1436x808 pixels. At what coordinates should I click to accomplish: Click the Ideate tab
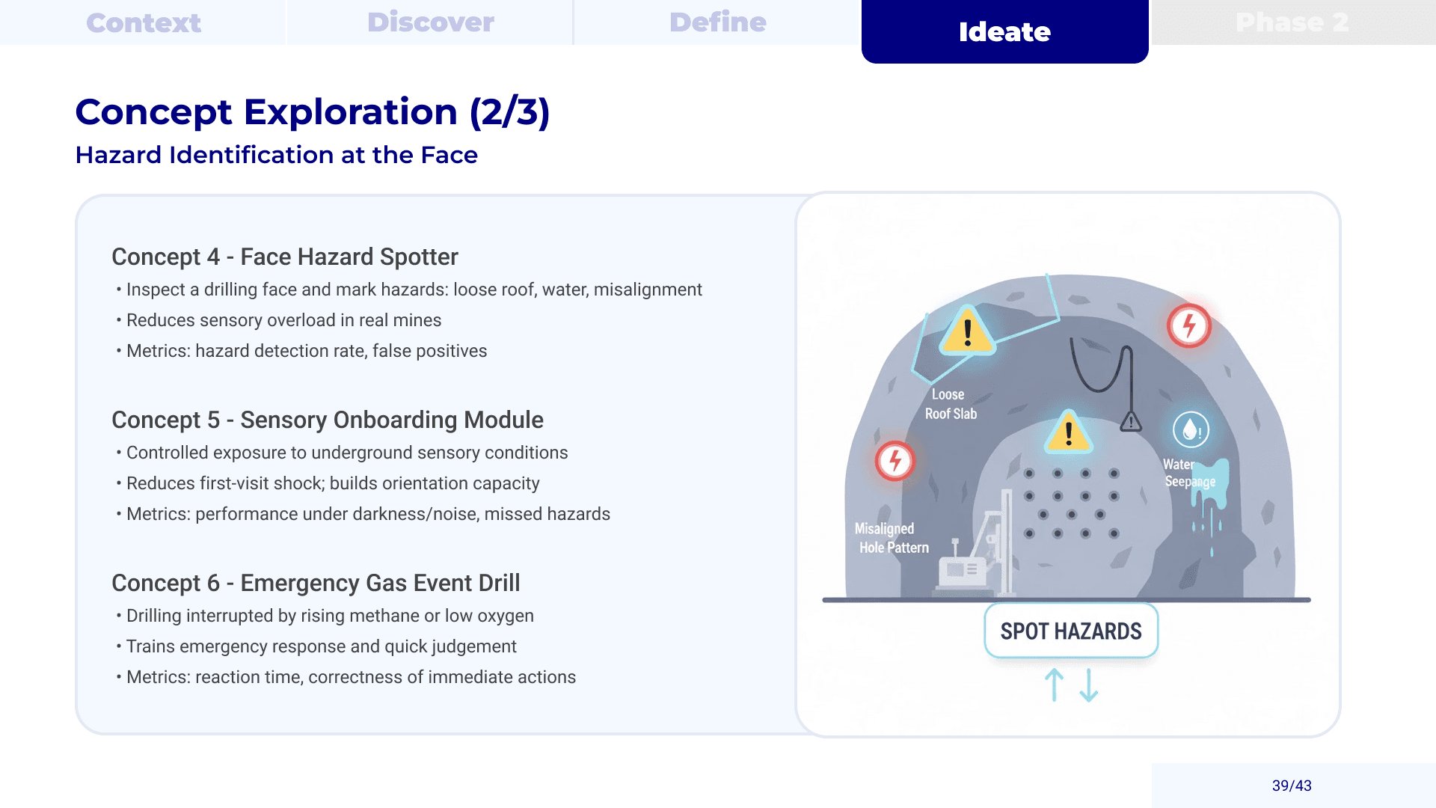[1004, 31]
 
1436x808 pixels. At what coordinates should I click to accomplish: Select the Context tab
[144, 22]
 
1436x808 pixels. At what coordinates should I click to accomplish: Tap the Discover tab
[430, 22]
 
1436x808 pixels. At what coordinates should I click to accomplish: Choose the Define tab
[717, 22]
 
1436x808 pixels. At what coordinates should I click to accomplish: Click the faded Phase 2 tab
[1292, 22]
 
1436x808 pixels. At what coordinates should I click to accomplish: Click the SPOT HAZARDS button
[1071, 631]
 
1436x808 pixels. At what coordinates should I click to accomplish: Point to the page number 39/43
[1292, 786]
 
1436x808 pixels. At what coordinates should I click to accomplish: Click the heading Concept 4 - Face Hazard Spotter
[284, 257]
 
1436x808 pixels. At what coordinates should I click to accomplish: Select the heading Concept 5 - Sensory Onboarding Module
[327, 420]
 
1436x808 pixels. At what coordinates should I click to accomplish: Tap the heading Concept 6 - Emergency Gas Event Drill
[316, 583]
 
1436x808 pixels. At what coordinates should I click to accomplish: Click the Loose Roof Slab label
[950, 404]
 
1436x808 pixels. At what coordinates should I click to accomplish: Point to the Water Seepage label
[1188, 473]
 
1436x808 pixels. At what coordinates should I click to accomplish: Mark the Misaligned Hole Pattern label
[892, 538]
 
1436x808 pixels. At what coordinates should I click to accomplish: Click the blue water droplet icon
[1191, 430]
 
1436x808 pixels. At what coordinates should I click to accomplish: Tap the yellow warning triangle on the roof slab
[967, 331]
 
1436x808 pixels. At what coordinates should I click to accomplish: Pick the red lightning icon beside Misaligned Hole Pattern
[895, 461]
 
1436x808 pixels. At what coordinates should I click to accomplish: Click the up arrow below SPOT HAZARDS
[1054, 685]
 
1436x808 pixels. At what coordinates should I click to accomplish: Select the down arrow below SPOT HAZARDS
[1089, 685]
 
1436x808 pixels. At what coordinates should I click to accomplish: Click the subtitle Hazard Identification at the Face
[276, 155]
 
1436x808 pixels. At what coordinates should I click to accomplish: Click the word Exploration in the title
[350, 112]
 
